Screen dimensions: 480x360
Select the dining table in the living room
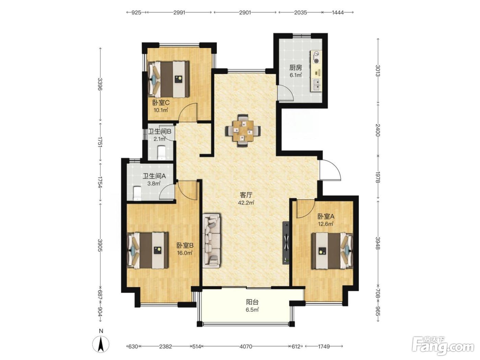(243, 130)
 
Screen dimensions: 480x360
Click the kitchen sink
(316, 84)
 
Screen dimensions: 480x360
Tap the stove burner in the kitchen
(316, 57)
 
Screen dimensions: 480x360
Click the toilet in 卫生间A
(137, 193)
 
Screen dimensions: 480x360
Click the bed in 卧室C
(169, 79)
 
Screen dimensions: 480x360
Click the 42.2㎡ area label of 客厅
(246, 203)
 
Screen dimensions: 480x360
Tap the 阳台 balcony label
(252, 302)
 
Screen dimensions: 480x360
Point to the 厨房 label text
(296, 68)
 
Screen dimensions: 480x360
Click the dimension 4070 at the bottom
(246, 346)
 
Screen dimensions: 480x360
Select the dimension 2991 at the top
(179, 12)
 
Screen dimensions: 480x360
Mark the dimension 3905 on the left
(100, 245)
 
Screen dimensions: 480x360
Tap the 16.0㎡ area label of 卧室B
(185, 253)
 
